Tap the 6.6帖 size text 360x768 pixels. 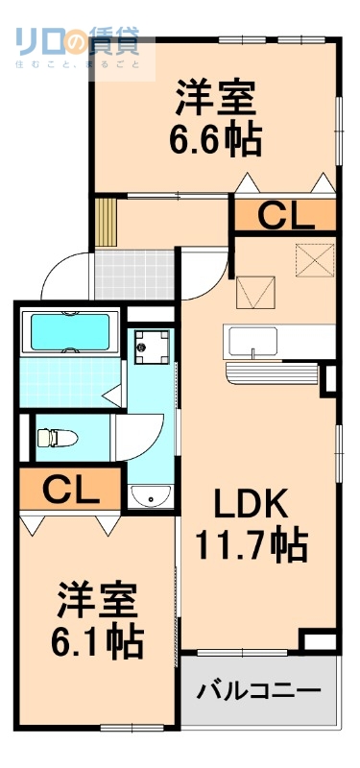[217, 140]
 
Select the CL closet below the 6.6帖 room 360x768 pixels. [284, 217]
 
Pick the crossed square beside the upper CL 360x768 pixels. [311, 258]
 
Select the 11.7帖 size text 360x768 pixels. [252, 544]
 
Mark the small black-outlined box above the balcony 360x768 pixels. [318, 640]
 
